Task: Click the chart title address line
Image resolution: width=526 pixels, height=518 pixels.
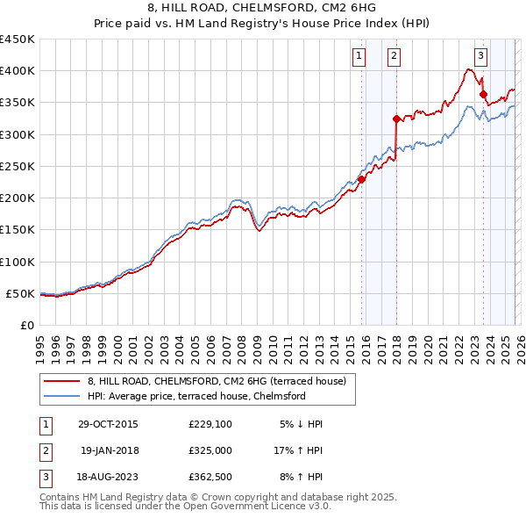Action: tap(263, 8)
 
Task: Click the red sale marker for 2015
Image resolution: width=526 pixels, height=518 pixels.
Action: tap(361, 179)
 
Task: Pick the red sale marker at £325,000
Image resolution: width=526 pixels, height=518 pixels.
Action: tap(396, 119)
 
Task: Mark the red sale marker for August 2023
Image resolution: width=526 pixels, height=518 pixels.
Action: tap(483, 94)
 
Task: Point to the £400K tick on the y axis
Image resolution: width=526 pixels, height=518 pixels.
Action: tap(18, 71)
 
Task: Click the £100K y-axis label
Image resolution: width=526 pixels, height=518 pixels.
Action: tap(18, 262)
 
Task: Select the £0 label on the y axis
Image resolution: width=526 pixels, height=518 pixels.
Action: tap(26, 326)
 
